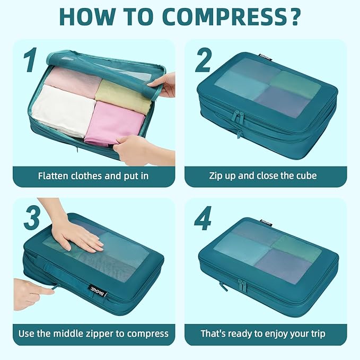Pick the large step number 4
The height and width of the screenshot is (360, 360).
203,221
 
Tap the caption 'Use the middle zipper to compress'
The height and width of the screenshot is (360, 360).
93,334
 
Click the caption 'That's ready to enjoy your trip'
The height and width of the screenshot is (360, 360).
263,334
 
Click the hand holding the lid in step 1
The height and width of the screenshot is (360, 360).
164,83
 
